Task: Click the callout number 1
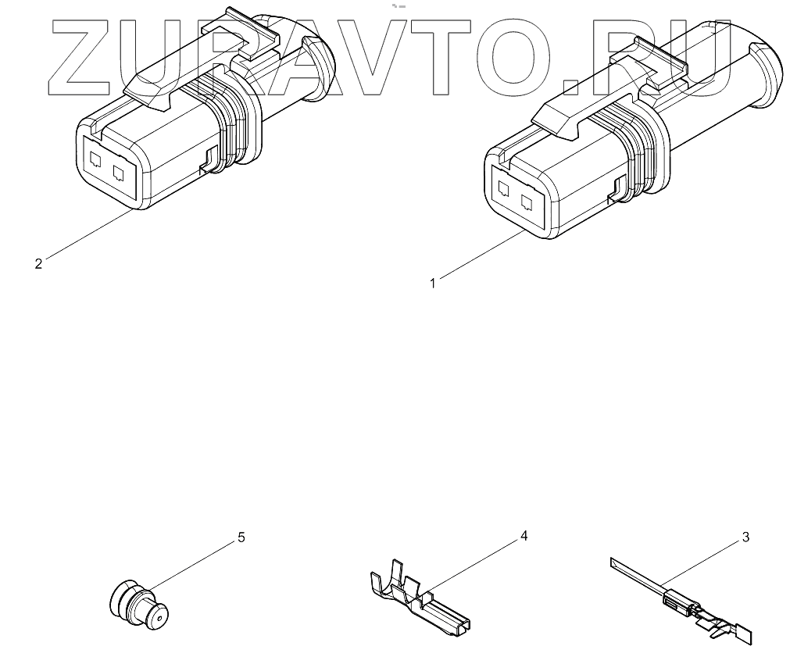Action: pyautogui.click(x=432, y=284)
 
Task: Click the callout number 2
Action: pyautogui.click(x=38, y=263)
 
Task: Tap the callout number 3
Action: pyautogui.click(x=745, y=537)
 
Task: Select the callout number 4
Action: pyautogui.click(x=524, y=536)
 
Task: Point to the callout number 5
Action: pyautogui.click(x=241, y=537)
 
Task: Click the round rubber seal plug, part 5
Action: pyautogui.click(x=138, y=604)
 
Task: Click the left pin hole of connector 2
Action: pyautogui.click(x=96, y=160)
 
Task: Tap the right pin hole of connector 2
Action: pyautogui.click(x=120, y=172)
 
